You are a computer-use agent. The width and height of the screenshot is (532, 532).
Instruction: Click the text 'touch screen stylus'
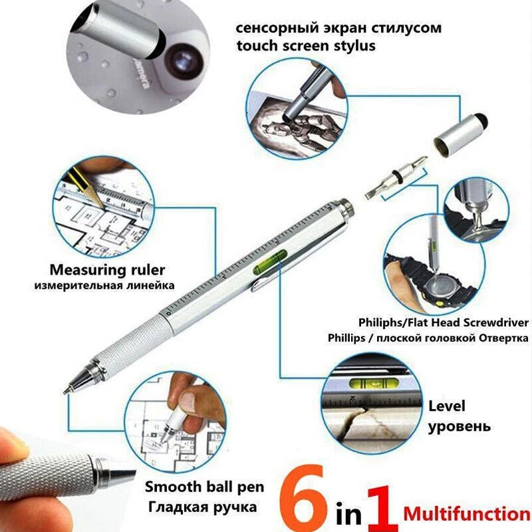coord(306,46)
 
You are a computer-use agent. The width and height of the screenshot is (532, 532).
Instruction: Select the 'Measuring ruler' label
coord(107,269)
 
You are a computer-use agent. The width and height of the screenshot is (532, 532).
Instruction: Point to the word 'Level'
coord(446,406)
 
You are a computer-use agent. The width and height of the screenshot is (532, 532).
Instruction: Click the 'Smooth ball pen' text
coord(204,486)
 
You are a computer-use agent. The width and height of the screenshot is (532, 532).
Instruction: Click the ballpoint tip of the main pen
coord(68,390)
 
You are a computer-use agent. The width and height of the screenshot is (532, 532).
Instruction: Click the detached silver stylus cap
coord(460,133)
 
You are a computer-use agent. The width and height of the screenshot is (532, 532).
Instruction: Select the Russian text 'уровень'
coord(459,426)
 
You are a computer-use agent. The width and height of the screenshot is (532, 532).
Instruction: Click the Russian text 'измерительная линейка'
coord(104,286)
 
